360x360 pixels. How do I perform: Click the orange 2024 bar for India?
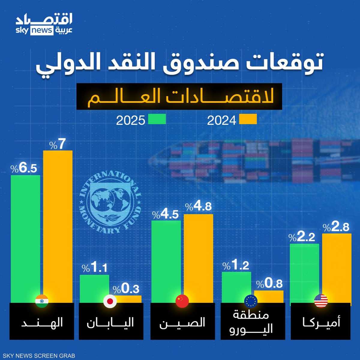click(58, 225)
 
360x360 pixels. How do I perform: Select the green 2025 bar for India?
click(25, 237)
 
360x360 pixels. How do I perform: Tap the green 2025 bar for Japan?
click(94, 286)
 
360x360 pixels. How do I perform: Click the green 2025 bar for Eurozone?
click(236, 285)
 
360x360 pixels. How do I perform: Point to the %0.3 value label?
click(126, 289)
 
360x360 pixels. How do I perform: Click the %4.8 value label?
click(198, 207)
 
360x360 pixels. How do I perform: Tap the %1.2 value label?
click(236, 265)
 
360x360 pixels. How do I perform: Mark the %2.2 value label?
click(302, 238)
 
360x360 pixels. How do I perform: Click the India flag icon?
click(42, 301)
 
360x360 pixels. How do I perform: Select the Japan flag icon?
click(110, 301)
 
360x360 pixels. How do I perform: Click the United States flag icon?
click(321, 301)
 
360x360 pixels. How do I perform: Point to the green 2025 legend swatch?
click(156, 119)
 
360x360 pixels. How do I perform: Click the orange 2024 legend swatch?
click(248, 119)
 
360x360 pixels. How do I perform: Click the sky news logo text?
click(35, 31)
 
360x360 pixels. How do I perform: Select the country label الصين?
click(182, 323)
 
